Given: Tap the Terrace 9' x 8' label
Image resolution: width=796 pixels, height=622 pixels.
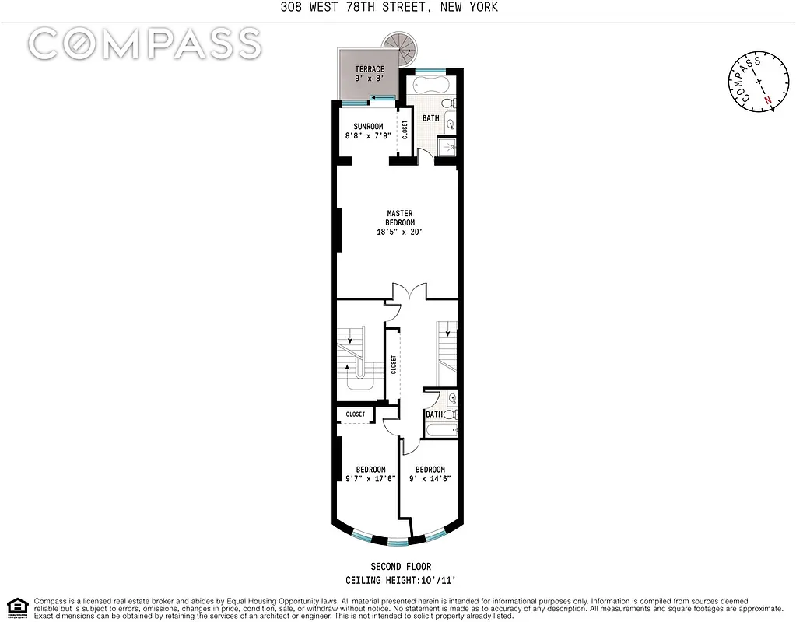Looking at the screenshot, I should (x=370, y=73).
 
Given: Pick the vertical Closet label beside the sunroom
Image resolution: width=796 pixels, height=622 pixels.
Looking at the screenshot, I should (x=405, y=130).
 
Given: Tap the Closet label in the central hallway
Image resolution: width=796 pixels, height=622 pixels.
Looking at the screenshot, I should (x=394, y=364).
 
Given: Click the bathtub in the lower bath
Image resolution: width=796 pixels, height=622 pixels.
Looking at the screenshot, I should (x=441, y=428).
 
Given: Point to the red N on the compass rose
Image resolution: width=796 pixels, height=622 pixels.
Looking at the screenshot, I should (x=767, y=100).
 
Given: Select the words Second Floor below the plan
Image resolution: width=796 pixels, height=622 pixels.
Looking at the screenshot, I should (x=402, y=567).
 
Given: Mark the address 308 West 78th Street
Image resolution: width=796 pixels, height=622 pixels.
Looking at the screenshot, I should (x=398, y=7).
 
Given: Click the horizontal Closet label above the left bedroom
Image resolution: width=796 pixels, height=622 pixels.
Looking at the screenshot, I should (x=356, y=414).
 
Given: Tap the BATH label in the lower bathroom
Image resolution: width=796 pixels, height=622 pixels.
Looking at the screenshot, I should (x=433, y=414).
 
